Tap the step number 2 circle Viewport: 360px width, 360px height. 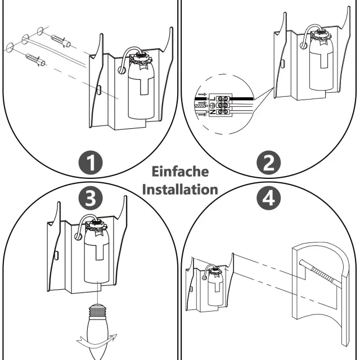[x=268, y=163]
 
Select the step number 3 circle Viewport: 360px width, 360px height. [x=91, y=197]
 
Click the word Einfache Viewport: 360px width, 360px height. [x=180, y=172]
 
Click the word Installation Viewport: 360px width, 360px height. [x=180, y=189]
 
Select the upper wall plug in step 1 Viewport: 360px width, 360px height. [x=60, y=40]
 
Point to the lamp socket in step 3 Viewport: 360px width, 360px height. [x=96, y=253]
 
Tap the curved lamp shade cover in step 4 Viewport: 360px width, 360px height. [x=321, y=292]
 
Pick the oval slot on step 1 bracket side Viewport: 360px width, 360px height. [x=99, y=89]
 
